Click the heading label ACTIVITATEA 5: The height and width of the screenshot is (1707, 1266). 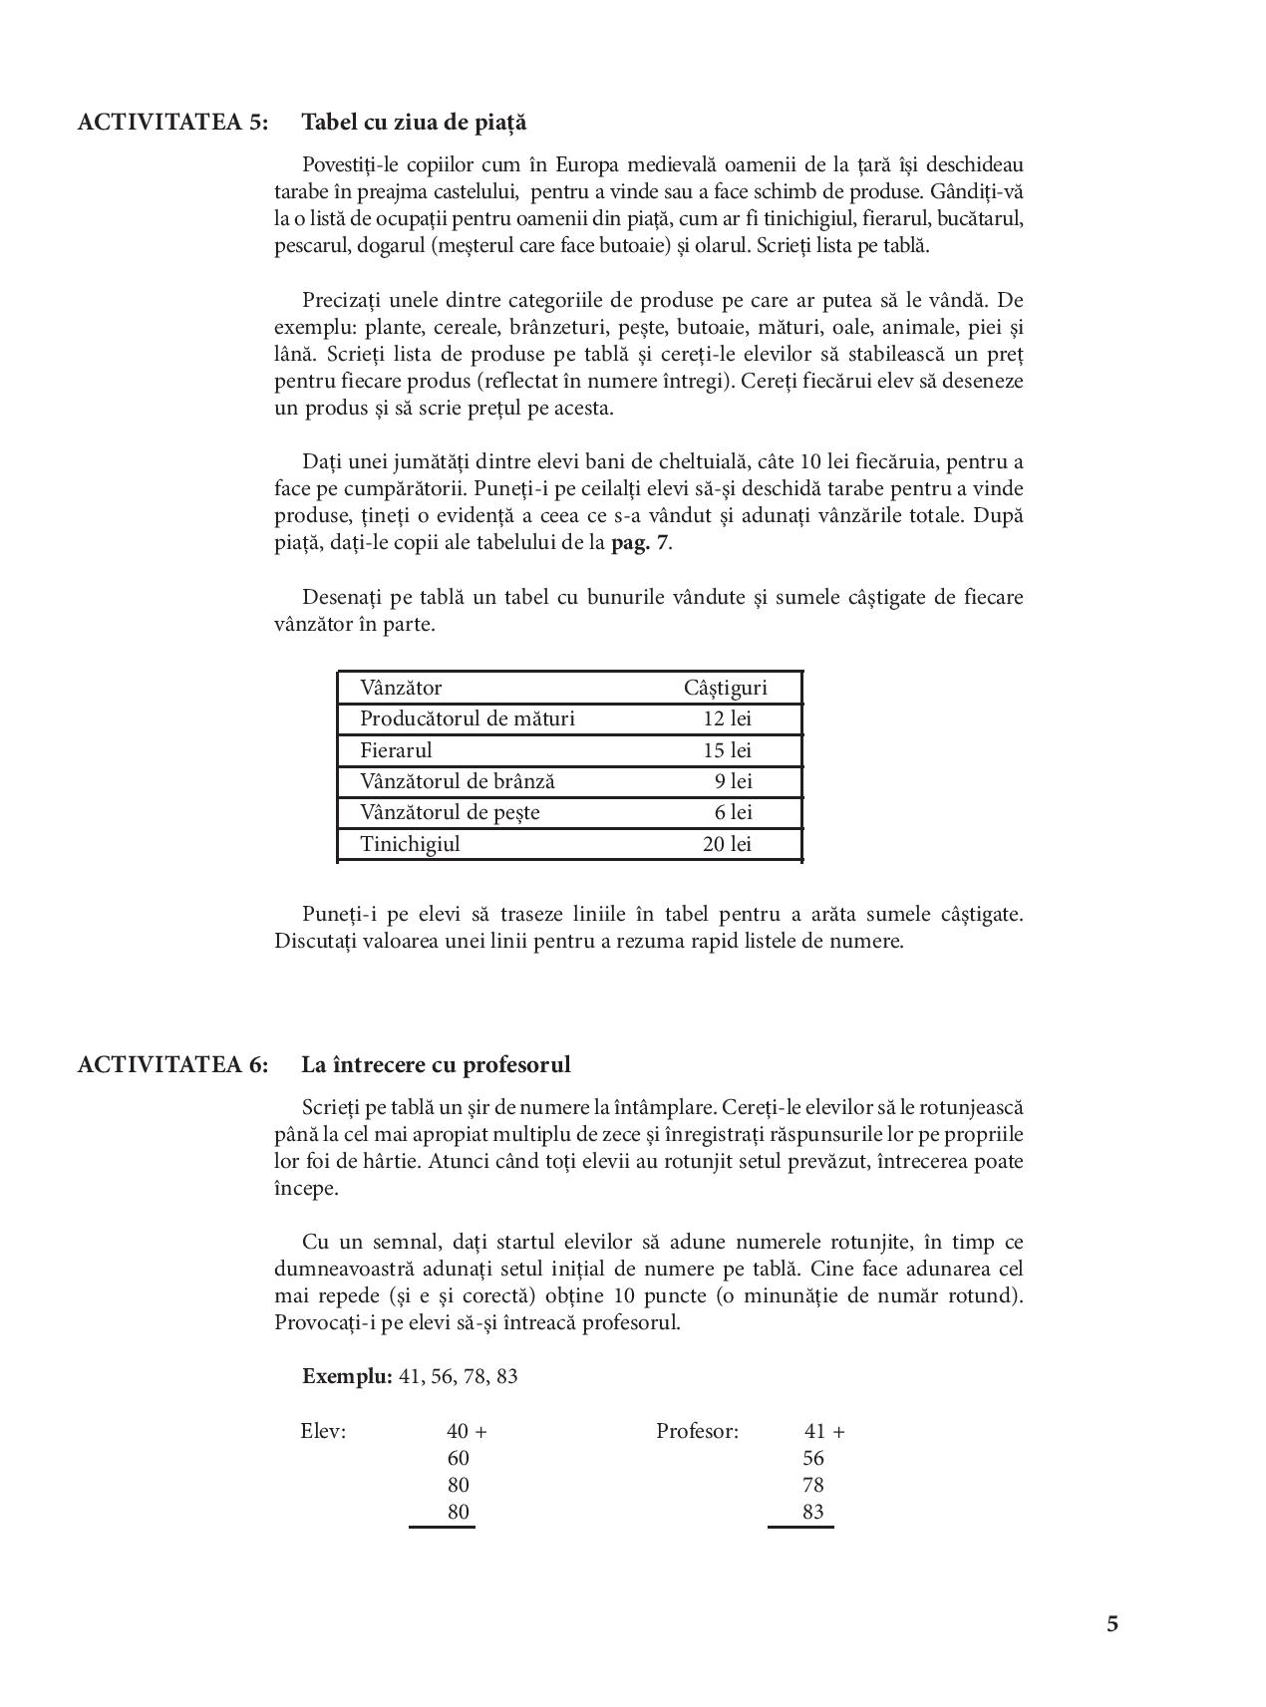pyautogui.click(x=172, y=123)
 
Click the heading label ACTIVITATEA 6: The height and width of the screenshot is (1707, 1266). pyautogui.click(x=172, y=1064)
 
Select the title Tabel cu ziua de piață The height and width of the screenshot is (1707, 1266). pyautogui.click(x=414, y=123)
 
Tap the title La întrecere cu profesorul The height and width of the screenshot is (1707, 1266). pyautogui.click(x=436, y=1064)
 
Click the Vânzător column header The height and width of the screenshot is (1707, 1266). pyautogui.click(x=401, y=688)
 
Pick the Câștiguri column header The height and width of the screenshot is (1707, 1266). pyautogui.click(x=725, y=688)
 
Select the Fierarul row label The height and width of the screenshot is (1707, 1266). pyautogui.click(x=396, y=750)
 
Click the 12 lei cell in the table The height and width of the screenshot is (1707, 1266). pyautogui.click(x=727, y=718)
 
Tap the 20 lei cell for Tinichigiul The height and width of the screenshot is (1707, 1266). pyautogui.click(x=727, y=844)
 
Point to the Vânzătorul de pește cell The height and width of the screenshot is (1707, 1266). pyautogui.click(x=450, y=812)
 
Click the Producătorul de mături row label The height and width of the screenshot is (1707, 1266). pyautogui.click(x=467, y=718)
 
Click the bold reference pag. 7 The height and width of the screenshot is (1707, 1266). pyautogui.click(x=640, y=543)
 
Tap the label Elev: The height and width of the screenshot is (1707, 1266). pyautogui.click(x=323, y=1431)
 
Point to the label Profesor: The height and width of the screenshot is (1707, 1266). pyautogui.click(x=697, y=1431)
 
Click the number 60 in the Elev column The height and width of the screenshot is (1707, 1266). pyautogui.click(x=458, y=1458)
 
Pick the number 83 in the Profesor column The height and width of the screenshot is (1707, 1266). pyautogui.click(x=812, y=1512)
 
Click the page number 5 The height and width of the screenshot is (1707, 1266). pyautogui.click(x=1111, y=1623)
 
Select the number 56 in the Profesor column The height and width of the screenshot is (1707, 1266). pyautogui.click(x=812, y=1458)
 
